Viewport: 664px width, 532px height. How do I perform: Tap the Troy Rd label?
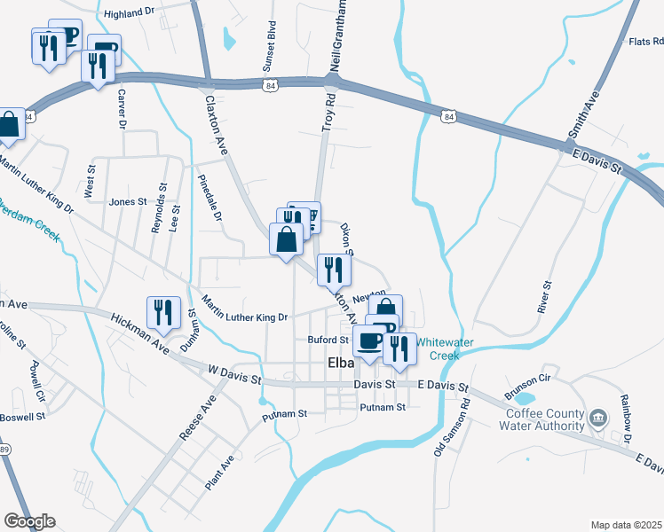328,113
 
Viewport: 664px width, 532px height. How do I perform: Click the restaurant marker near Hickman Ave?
163,313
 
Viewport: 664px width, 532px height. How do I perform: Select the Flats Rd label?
645,41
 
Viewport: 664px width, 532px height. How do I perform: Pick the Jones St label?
128,201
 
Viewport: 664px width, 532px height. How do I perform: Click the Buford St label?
328,340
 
